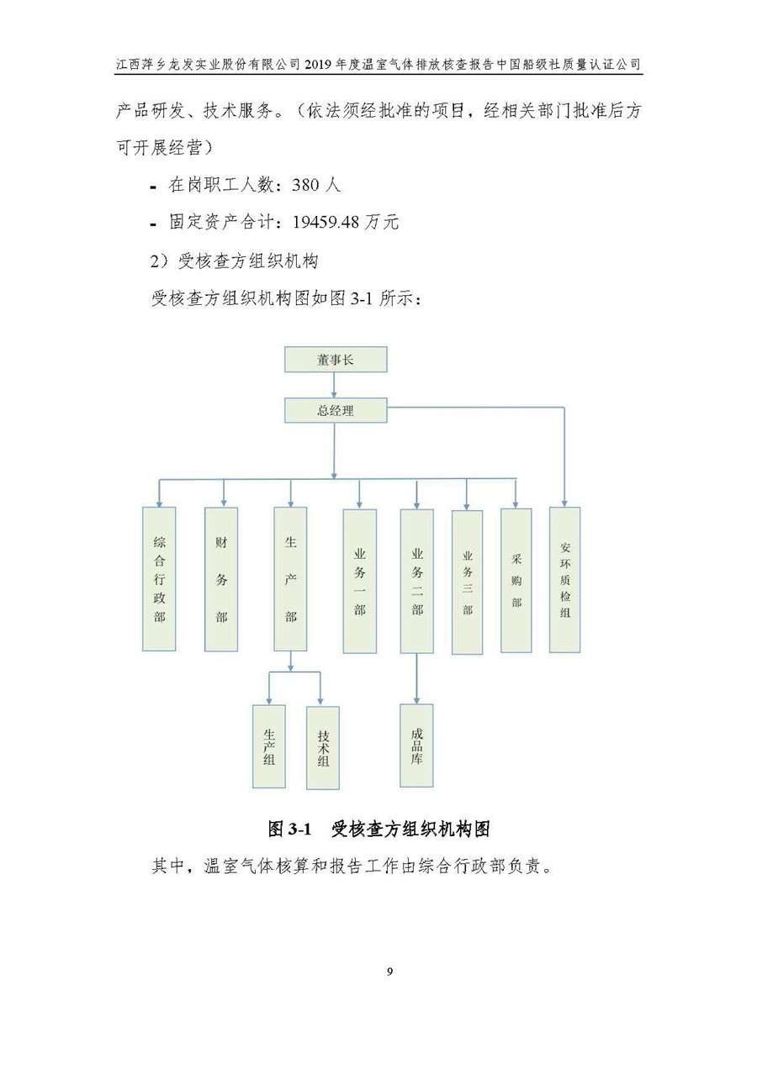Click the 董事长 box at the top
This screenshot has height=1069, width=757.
tap(336, 360)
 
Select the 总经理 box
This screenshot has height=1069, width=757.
tap(336, 411)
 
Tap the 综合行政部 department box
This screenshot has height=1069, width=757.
tap(159, 578)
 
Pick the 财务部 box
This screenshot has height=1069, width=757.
tap(221, 578)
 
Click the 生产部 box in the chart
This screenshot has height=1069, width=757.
tap(290, 578)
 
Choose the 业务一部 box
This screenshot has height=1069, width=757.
tap(359, 580)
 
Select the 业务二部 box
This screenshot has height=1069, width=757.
tap(416, 580)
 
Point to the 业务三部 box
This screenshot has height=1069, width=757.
tap(467, 582)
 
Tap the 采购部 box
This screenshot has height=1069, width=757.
tap(516, 580)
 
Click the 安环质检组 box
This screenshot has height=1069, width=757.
tap(564, 579)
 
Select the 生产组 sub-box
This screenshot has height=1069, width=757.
tap(269, 745)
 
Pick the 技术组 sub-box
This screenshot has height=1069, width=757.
tap(323, 746)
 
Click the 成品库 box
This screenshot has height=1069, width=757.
tap(416, 745)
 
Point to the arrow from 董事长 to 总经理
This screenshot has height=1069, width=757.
tap(335, 385)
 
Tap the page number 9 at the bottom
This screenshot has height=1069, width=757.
tap(389, 972)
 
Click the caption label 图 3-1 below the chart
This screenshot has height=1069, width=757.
tap(290, 829)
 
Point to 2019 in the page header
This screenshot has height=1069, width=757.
tap(320, 64)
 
